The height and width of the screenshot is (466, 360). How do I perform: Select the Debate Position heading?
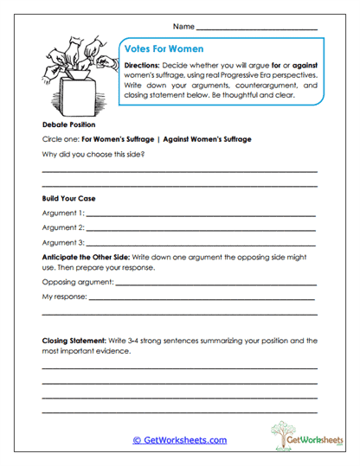pyautogui.click(x=68, y=124)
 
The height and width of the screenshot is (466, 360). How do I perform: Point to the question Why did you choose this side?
pyautogui.click(x=93, y=154)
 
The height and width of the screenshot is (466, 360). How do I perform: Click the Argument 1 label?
pyautogui.click(x=62, y=213)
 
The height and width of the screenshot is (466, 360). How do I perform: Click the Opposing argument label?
pyautogui.click(x=77, y=282)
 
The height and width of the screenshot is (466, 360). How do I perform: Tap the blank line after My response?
pyautogui.click(x=202, y=298)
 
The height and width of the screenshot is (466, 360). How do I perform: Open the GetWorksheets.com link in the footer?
pyautogui.click(x=179, y=440)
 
